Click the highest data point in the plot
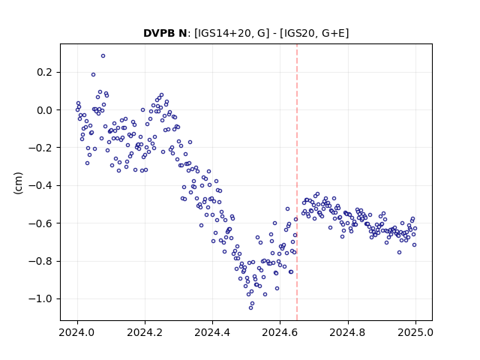click(x=103, y=56)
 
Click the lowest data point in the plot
click(x=250, y=307)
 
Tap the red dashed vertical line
click(x=297, y=182)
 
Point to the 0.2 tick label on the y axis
click(x=45, y=72)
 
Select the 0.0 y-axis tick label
click(x=45, y=110)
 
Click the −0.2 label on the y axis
click(x=40, y=148)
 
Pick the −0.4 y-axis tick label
click(x=40, y=185)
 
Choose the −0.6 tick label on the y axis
click(x=40, y=223)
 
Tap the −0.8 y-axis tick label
click(x=40, y=261)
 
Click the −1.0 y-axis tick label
click(x=40, y=298)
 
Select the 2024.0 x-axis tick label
click(x=77, y=332)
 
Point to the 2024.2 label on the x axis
click(x=145, y=332)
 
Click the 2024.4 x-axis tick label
click(x=212, y=332)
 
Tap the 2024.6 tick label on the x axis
click(x=280, y=332)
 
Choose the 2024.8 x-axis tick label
click(x=347, y=332)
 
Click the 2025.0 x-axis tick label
click(x=415, y=332)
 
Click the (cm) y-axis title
click(x=18, y=183)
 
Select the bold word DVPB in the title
click(x=158, y=33)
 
